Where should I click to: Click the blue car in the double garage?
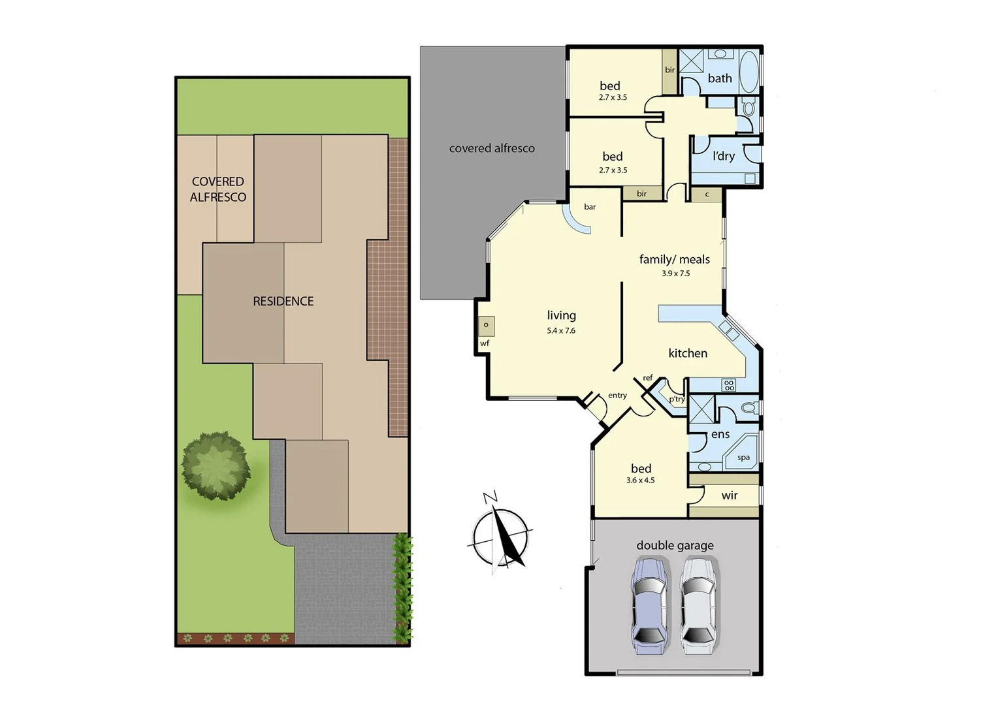[x=649, y=606]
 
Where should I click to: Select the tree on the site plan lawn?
[x=216, y=465]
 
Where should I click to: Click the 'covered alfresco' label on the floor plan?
[x=492, y=148]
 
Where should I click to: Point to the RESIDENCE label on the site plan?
[x=283, y=301]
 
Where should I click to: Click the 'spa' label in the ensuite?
[x=743, y=458]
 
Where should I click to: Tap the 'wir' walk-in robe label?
[x=730, y=495]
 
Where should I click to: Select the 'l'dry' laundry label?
[x=724, y=156]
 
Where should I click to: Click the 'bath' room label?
[x=720, y=78]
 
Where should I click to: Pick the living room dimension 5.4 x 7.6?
[x=561, y=331]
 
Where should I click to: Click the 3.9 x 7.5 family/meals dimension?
[x=675, y=274]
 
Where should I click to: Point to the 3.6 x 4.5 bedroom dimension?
[x=640, y=480]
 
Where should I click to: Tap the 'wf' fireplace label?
[x=485, y=343]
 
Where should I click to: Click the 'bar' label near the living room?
[x=590, y=207]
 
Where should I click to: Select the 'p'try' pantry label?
[x=677, y=399]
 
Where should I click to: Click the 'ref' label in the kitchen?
[x=647, y=378]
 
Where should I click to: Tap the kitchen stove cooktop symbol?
[x=729, y=385]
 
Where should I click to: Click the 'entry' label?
[x=617, y=396]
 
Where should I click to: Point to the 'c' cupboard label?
[x=707, y=195]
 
